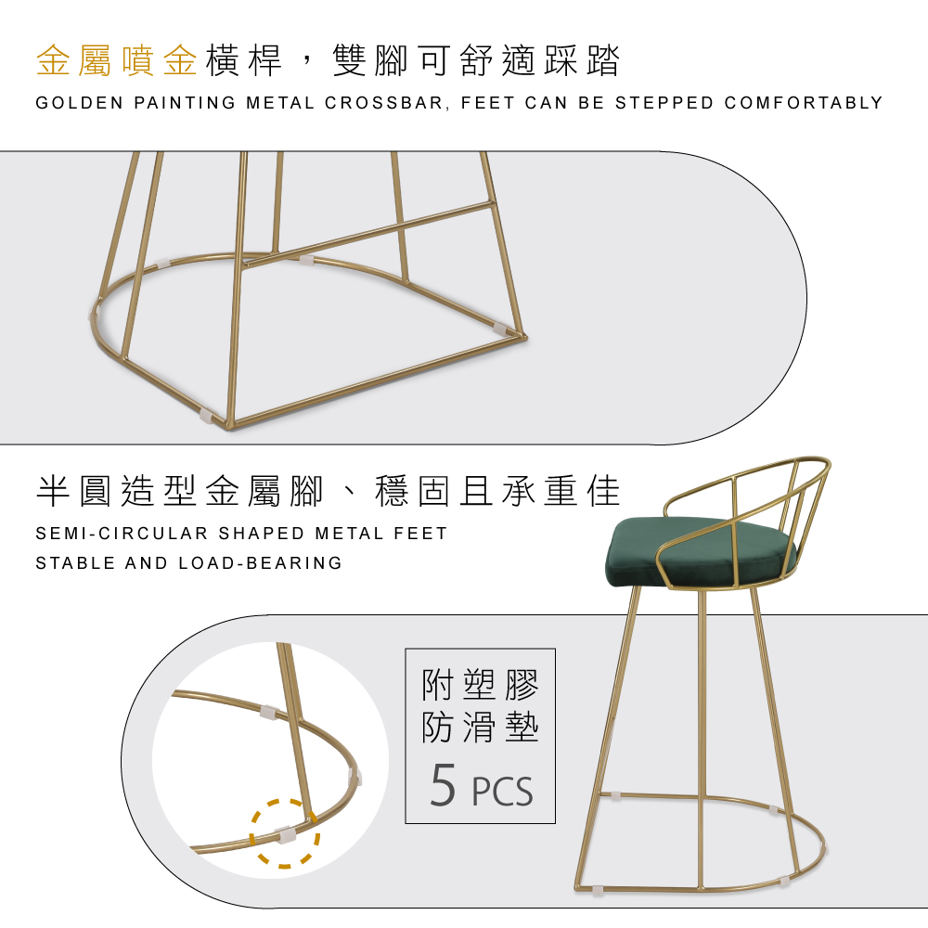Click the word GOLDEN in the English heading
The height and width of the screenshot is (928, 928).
pos(79,103)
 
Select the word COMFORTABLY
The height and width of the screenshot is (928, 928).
pos(803,103)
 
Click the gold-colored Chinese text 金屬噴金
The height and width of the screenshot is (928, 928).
pos(117,60)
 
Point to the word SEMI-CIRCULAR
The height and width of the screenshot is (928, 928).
pos(122,534)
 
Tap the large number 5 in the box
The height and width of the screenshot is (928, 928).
pos(443,785)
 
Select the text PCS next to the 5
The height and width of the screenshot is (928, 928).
pos(502,791)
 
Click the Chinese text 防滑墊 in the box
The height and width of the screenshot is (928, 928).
pos(480,728)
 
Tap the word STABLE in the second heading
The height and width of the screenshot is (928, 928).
pos(75,563)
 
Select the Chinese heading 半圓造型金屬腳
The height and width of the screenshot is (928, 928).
pos(180,491)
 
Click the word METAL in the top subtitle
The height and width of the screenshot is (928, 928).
pos(280,103)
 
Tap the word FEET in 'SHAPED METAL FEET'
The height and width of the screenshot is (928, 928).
pos(420,534)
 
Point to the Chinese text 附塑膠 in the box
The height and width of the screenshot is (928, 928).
pos(480,685)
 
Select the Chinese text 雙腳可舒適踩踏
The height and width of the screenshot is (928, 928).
pos(476,60)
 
